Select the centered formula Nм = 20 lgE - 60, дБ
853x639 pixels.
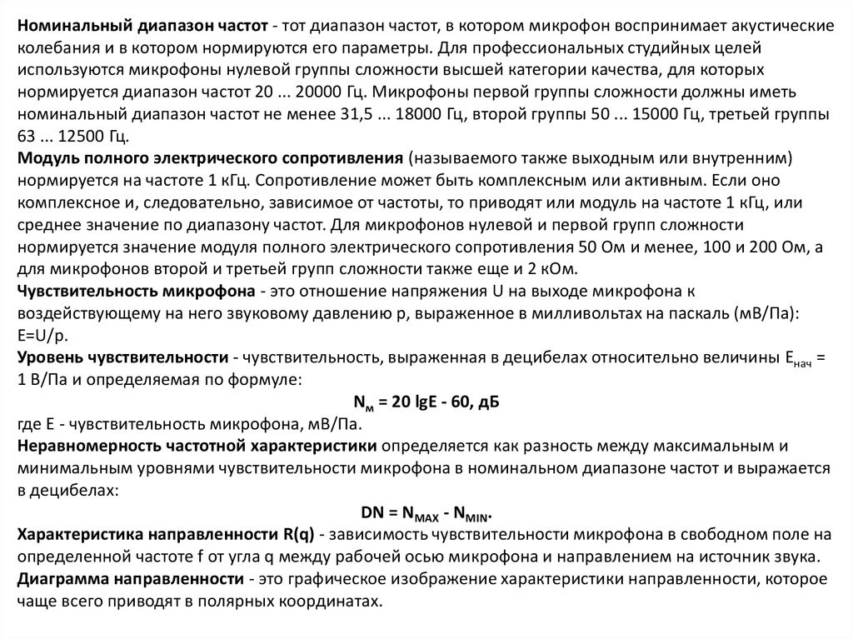tap(426, 400)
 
